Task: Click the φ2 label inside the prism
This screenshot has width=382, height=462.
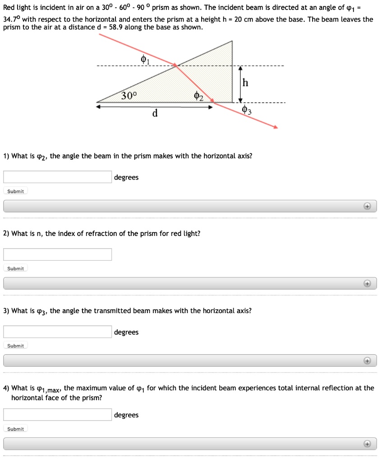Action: (198, 96)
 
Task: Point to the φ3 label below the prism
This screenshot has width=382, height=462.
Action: (246, 110)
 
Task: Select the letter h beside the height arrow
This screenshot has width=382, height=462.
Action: (245, 83)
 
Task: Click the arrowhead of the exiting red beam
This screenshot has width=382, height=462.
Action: (276, 128)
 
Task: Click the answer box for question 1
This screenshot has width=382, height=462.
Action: (58, 177)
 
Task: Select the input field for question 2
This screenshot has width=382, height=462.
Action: (58, 254)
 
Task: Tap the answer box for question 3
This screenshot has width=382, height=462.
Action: (58, 332)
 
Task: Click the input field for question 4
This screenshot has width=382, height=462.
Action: (58, 415)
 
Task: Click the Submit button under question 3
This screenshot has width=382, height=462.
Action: (16, 346)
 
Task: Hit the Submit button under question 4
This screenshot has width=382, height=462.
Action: (16, 429)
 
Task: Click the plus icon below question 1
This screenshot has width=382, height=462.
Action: (368, 206)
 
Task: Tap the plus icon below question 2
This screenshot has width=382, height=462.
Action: (368, 283)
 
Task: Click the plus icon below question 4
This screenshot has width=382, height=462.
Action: (368, 444)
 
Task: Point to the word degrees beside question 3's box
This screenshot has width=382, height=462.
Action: (126, 333)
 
